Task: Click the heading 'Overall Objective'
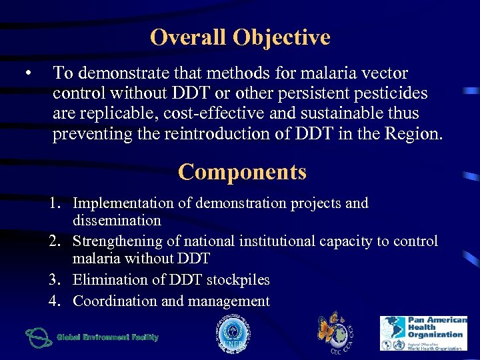pos(240,37)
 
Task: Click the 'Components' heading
pos(242,172)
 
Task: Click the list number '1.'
pos(57,203)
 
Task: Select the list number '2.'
pos(57,241)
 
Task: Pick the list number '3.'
pos(57,280)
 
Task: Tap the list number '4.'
pos(57,301)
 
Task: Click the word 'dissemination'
pos(117,221)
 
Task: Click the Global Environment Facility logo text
pos(107,337)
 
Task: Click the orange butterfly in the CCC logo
pos(329,327)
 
